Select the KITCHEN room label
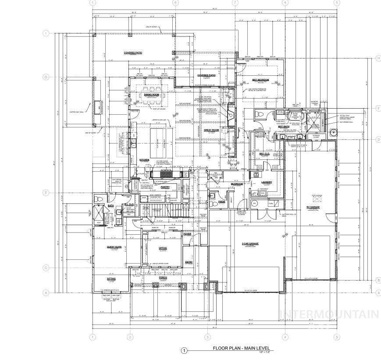click(x=145, y=160)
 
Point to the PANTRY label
click(x=165, y=187)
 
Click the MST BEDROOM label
click(x=260, y=80)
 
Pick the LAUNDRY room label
click(x=267, y=182)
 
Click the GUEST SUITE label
click(x=114, y=247)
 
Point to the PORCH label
click(x=151, y=277)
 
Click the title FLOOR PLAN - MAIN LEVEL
click(x=241, y=349)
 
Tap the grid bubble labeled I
click(x=45, y=33)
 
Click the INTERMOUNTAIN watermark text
click(x=328, y=314)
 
